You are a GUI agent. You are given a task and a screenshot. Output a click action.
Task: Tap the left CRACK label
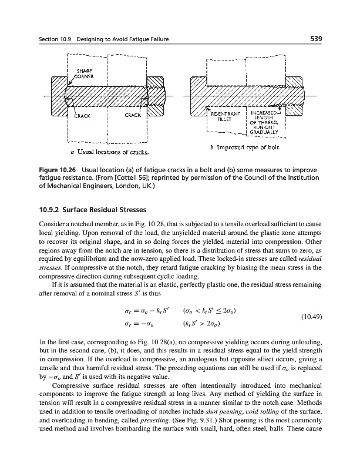(82, 116)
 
